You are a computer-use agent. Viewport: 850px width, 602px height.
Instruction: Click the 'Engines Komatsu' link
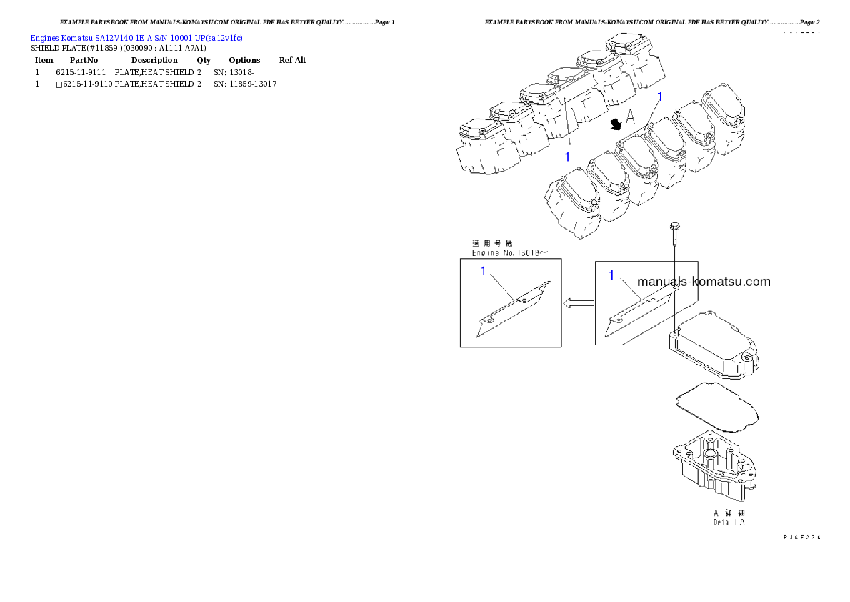pyautogui.click(x=62, y=37)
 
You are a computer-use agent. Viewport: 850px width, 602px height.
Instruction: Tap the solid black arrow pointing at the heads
pyautogui.click(x=614, y=125)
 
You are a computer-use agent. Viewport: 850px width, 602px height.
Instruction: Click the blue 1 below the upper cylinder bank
pyautogui.click(x=567, y=156)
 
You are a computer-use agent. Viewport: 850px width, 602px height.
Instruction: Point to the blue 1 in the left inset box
pyautogui.click(x=484, y=271)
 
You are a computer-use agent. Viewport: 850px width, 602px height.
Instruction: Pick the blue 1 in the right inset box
pyautogui.click(x=611, y=275)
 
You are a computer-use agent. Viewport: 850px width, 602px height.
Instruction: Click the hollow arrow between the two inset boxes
pyautogui.click(x=578, y=304)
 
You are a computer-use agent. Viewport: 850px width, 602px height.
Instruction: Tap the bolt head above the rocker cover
pyautogui.click(x=673, y=227)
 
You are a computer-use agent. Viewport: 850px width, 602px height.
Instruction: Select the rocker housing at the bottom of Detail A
pyautogui.click(x=714, y=468)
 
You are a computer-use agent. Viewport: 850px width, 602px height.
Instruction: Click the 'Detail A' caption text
pyautogui.click(x=729, y=523)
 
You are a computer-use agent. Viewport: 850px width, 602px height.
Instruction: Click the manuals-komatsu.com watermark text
pyautogui.click(x=703, y=282)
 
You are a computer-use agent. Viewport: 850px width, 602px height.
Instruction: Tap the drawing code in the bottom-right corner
pyautogui.click(x=801, y=536)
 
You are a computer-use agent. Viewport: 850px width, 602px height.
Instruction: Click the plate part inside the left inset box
pyautogui.click(x=514, y=309)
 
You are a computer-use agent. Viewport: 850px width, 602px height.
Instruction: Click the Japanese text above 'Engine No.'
pyautogui.click(x=493, y=243)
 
